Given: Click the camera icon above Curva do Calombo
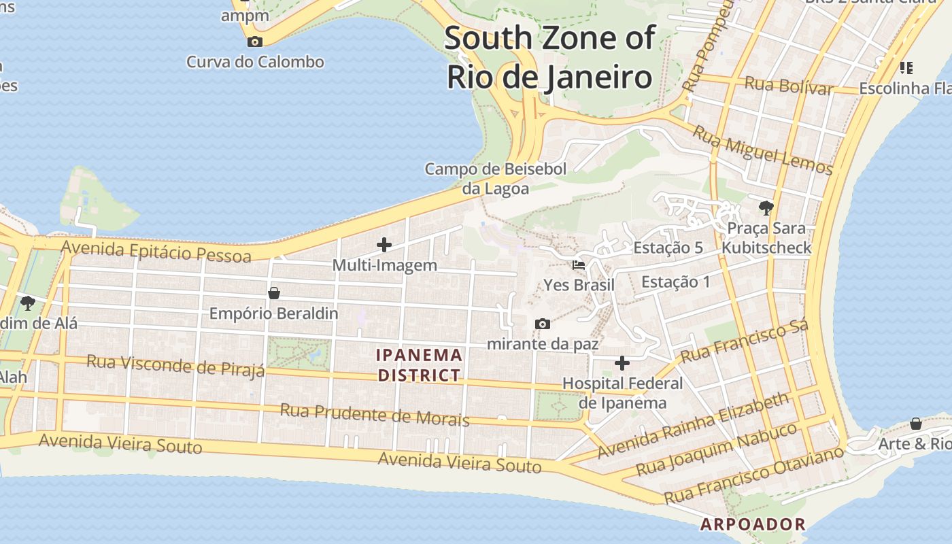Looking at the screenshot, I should pos(255,41).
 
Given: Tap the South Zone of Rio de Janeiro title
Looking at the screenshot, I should pos(549,58).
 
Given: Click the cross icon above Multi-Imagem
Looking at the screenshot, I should pos(384,245).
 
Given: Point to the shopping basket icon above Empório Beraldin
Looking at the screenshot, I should pos(274,293).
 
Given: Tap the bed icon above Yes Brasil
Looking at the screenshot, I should pos(579,265).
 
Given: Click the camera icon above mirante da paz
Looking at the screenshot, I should pos(542,324).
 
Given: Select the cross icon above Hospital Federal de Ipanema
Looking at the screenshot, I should pos(622,363).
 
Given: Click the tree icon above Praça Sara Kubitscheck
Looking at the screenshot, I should pos(766,207).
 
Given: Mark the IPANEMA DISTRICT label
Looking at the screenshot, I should pos(420,365).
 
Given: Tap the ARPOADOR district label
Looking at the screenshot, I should pos(753,524).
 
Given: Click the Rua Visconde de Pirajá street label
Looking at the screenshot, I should pos(175,365).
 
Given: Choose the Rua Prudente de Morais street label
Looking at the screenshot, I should pos(375,414).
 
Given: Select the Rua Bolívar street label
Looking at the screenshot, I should pos(789,86).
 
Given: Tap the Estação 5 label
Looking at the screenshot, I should pos(668,248).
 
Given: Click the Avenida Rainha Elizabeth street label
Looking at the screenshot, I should pos(694,425).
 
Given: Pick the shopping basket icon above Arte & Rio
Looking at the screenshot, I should pos(916,424).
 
